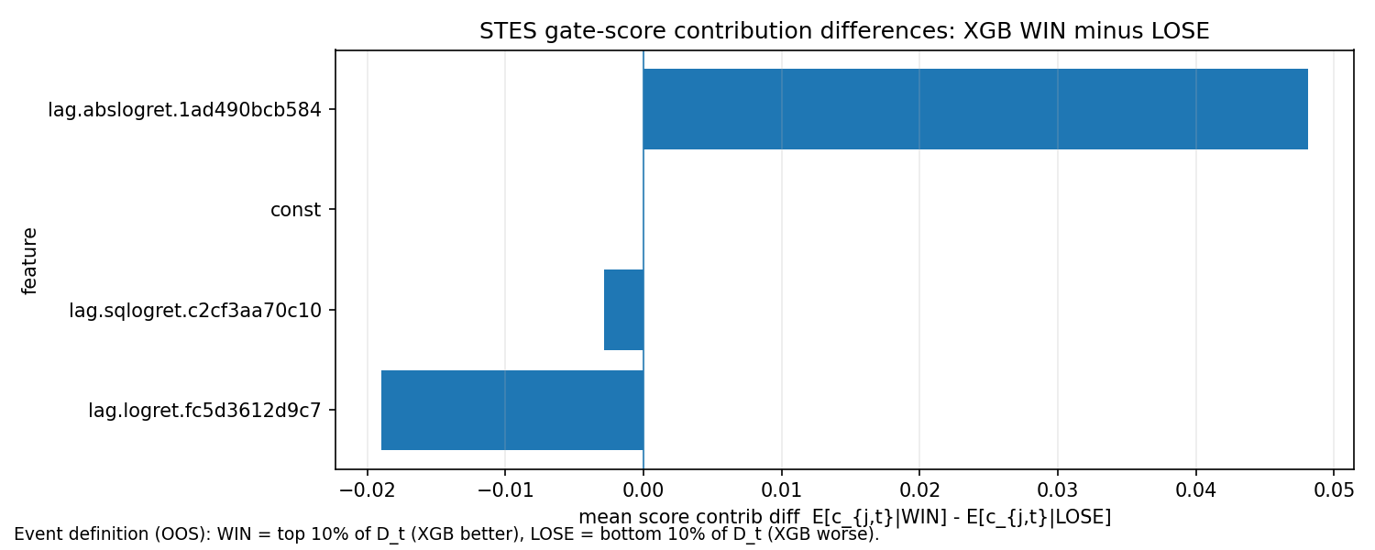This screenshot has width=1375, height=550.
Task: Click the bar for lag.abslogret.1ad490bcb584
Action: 975,109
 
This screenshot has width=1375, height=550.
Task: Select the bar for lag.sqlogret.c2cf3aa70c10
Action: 623,310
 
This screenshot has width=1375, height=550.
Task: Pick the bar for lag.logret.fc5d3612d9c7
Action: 512,410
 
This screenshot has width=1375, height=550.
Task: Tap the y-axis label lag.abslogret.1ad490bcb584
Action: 184,110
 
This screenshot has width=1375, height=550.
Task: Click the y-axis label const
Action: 295,210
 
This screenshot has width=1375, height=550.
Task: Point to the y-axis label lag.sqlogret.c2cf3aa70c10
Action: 195,311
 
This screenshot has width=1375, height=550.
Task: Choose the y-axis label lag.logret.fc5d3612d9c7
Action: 204,411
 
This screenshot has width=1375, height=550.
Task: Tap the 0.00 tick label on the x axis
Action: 643,487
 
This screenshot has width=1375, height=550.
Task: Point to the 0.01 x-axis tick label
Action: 781,487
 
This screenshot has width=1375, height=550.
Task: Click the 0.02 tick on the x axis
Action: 919,487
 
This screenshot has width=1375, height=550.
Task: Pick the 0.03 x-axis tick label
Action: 1058,487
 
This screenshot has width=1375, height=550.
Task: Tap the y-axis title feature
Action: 30,260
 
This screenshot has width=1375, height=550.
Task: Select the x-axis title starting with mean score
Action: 844,517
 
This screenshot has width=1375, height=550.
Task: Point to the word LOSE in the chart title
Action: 1184,32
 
